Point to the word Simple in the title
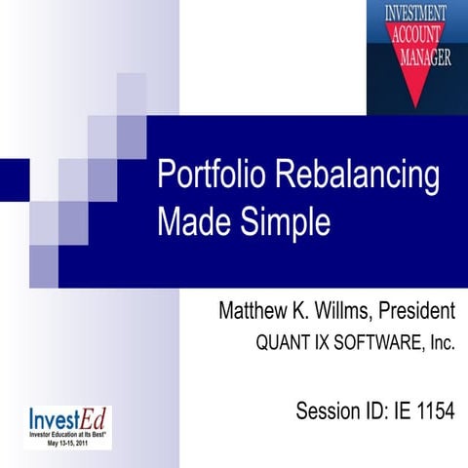click(x=289, y=222)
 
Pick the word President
click(x=416, y=313)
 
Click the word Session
click(x=329, y=409)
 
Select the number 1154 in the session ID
click(x=432, y=409)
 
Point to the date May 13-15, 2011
click(x=67, y=441)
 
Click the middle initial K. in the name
click(x=305, y=313)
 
